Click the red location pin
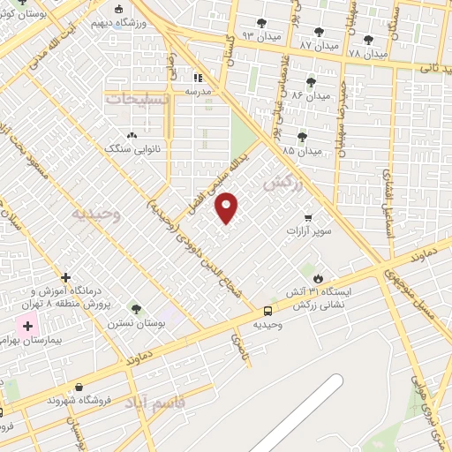point(228,207)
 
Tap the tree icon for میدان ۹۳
point(260,23)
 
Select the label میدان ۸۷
point(319,43)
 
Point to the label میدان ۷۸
point(368,53)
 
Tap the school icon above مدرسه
point(198,77)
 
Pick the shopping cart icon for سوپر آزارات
point(307,216)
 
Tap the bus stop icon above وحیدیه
point(267,310)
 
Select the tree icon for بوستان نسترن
point(136,309)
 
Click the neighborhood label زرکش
point(283,183)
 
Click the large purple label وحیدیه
point(93,215)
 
